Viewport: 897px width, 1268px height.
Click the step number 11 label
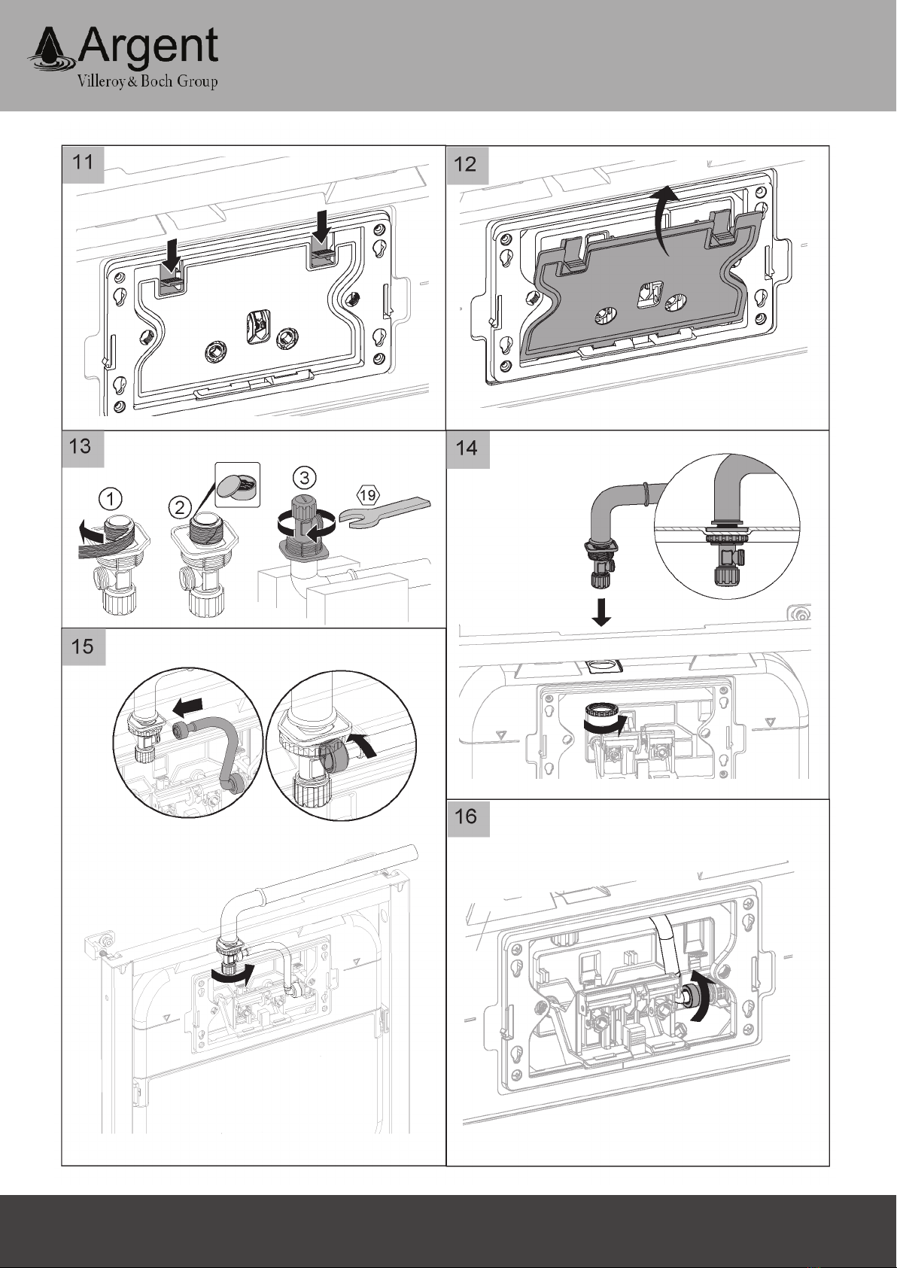pyautogui.click(x=83, y=163)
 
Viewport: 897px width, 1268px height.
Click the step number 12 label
pyautogui.click(x=466, y=164)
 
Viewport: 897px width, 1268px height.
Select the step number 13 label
pyautogui.click(x=80, y=447)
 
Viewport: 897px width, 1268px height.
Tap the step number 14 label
pyautogui.click(x=467, y=449)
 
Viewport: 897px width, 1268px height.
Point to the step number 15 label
pyautogui.click(x=82, y=646)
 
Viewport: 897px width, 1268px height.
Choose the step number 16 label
pyautogui.click(x=466, y=816)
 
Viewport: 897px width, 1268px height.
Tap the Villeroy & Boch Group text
pyautogui.click(x=147, y=81)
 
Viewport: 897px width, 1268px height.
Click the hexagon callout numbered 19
pyautogui.click(x=368, y=495)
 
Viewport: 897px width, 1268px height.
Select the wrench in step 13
pyautogui.click(x=388, y=512)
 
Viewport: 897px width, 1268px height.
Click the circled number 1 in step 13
pyautogui.click(x=111, y=499)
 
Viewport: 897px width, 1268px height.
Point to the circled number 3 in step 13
pyautogui.click(x=305, y=479)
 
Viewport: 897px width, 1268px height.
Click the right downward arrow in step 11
pyautogui.click(x=323, y=225)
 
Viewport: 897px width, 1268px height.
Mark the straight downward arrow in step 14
pyautogui.click(x=601, y=613)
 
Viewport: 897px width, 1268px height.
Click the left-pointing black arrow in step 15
pyautogui.click(x=188, y=706)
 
